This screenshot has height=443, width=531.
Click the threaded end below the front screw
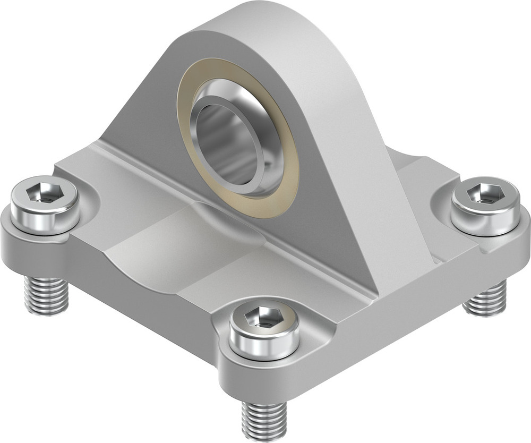pos(264,419)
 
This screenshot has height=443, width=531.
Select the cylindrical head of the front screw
pos(264,340)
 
